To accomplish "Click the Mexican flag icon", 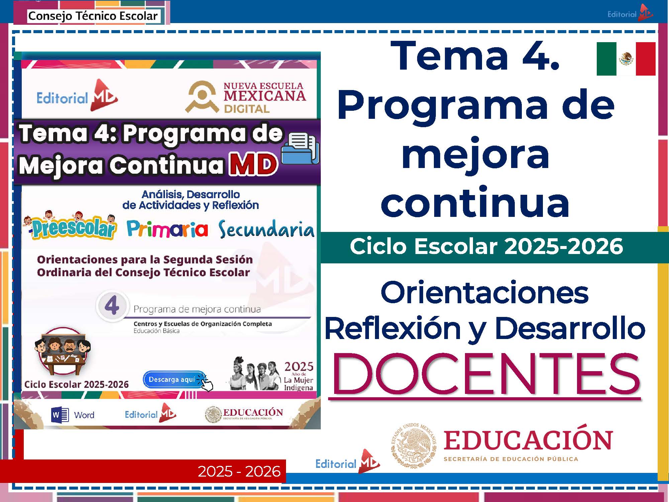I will click(x=626, y=59).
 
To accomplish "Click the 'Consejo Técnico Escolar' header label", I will click(x=93, y=16).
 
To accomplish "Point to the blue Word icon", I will click(x=60, y=415).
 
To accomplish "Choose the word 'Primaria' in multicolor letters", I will click(x=167, y=230).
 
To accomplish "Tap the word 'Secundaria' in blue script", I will click(x=266, y=230).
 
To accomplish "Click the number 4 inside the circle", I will click(x=112, y=306).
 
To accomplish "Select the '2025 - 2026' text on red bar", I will click(x=239, y=471).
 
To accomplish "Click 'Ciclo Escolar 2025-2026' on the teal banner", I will click(x=486, y=247).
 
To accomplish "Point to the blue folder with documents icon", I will click(x=300, y=149).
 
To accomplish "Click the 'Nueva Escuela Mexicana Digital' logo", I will click(x=246, y=97).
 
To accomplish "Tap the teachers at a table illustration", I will click(x=63, y=351).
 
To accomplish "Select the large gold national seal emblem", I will click(x=414, y=445).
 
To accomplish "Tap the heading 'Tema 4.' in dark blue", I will click(x=475, y=56).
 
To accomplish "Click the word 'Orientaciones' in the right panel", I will click(x=484, y=292).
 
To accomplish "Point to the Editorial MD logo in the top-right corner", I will click(x=630, y=13).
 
